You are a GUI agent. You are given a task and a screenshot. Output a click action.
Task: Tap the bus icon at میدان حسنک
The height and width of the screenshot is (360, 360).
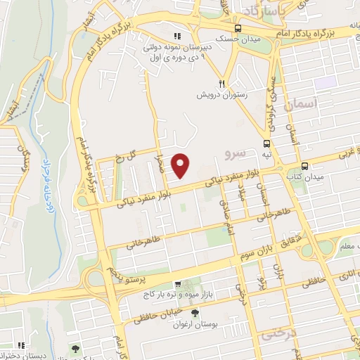pos(239,29)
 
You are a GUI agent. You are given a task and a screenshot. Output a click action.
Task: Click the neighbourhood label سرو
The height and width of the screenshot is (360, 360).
pos(231,153)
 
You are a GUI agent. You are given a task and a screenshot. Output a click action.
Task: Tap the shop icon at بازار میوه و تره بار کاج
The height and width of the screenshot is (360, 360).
pos(177,284)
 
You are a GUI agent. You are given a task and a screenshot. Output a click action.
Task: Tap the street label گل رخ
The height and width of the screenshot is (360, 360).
pos(122,157)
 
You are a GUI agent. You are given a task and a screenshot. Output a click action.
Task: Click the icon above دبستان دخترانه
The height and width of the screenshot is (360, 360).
pos(22,345)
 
